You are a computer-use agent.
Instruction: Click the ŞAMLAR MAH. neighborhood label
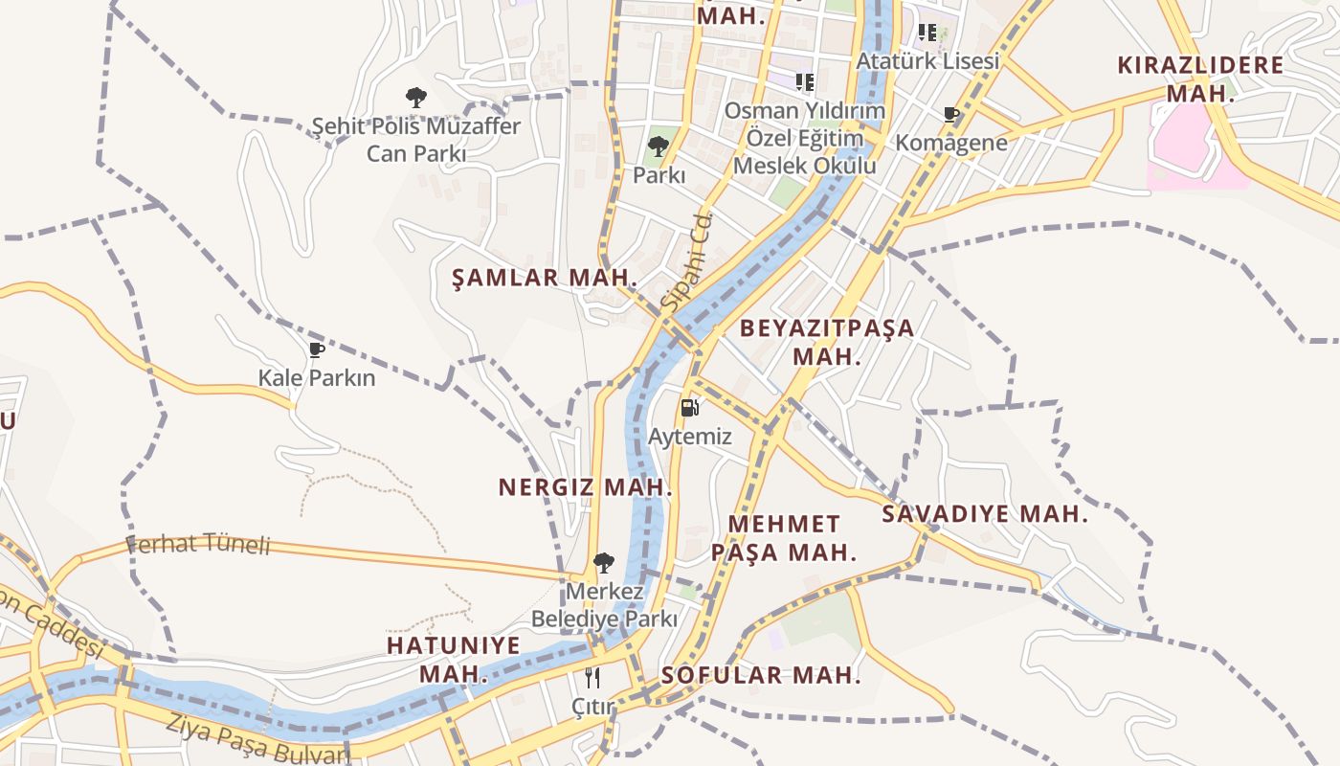pyautogui.click(x=545, y=278)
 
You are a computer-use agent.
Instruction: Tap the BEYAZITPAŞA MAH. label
pyautogui.click(x=827, y=342)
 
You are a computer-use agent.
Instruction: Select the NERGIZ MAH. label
pyautogui.click(x=585, y=486)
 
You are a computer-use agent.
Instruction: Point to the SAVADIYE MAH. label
pyautogui.click(x=985, y=513)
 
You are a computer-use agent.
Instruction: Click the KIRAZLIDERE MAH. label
pyautogui.click(x=1200, y=79)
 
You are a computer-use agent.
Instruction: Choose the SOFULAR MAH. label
pyautogui.click(x=761, y=674)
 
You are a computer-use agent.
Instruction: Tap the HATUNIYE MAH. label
pyautogui.click(x=454, y=659)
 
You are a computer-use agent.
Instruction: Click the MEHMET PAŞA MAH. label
pyautogui.click(x=784, y=537)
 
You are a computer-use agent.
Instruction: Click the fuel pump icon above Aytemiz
pyautogui.click(x=689, y=408)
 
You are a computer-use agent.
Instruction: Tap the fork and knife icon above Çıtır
pyautogui.click(x=592, y=678)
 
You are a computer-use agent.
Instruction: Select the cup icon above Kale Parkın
pyautogui.click(x=317, y=349)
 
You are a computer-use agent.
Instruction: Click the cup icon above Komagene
pyautogui.click(x=951, y=115)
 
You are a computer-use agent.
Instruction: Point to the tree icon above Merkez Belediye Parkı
pyautogui.click(x=603, y=562)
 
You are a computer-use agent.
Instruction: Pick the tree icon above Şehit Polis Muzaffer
pyautogui.click(x=415, y=97)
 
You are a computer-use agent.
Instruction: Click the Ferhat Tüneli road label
pyautogui.click(x=199, y=544)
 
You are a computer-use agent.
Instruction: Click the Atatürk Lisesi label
pyautogui.click(x=927, y=60)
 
